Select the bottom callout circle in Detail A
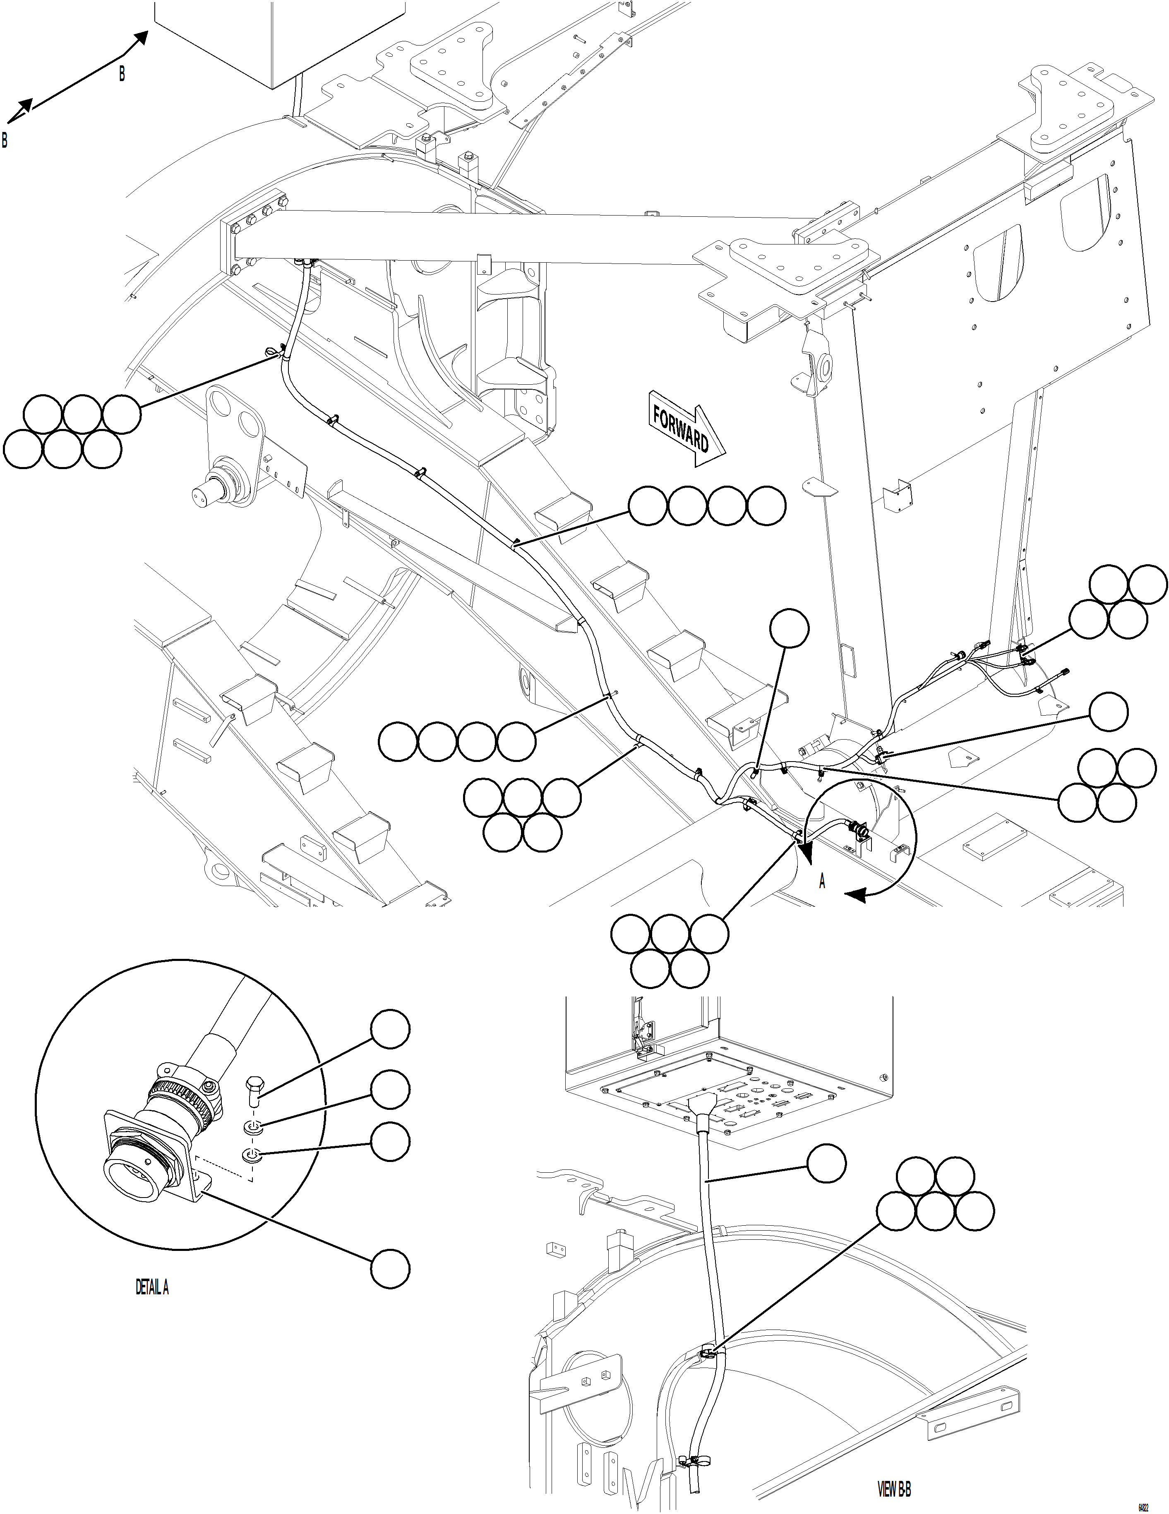click(390, 1269)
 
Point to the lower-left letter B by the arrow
click(5, 140)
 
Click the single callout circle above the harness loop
click(790, 628)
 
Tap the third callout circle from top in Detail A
click(390, 1142)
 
